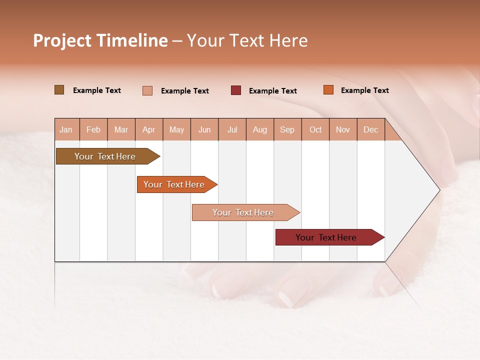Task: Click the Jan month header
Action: [x=66, y=129]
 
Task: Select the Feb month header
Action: [x=93, y=129]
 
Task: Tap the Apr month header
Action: [x=148, y=129]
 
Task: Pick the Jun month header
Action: [x=204, y=129]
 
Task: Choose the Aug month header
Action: [x=259, y=129]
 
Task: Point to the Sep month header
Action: [x=287, y=129]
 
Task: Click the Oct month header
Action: [x=315, y=129]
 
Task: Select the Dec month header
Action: [x=370, y=129]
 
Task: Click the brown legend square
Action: [x=59, y=90]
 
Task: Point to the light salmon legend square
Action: [x=147, y=90]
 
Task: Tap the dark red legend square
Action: [x=236, y=90]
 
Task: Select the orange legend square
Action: [x=328, y=90]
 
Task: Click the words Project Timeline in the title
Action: [x=100, y=40]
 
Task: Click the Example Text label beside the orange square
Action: [x=364, y=90]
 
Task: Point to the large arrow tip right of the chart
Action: [x=425, y=190]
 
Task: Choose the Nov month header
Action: [x=342, y=129]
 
